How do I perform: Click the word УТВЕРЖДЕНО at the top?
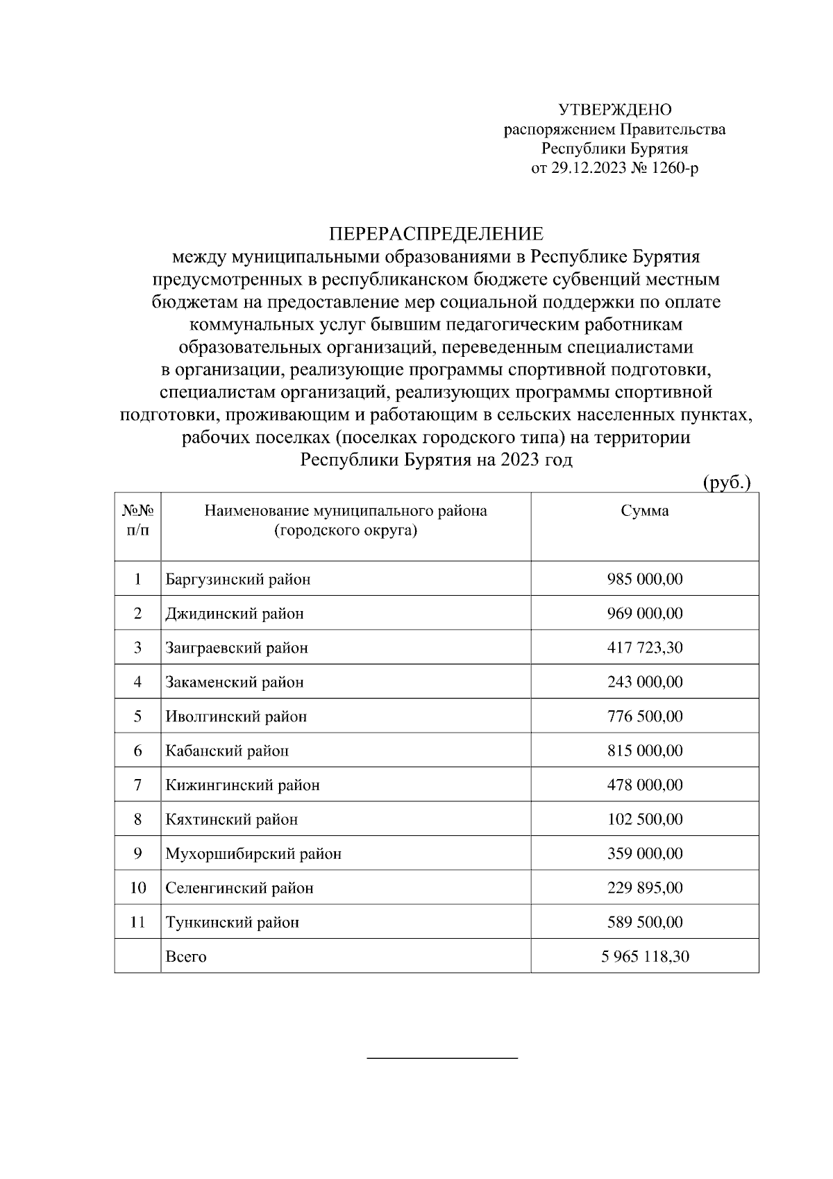(615, 110)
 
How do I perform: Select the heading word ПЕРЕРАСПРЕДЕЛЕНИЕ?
(435, 233)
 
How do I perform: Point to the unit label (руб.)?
(727, 483)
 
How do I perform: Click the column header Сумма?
(644, 512)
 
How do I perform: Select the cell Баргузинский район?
(237, 579)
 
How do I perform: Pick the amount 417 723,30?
(644, 648)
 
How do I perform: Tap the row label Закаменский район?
(235, 682)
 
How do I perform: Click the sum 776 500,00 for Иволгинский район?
(644, 716)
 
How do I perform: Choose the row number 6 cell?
(137, 751)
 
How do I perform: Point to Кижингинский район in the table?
(242, 785)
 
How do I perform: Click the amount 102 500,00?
(644, 819)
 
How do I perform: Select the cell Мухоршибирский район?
(253, 853)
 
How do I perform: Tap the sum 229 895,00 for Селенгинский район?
(644, 888)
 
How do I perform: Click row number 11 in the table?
(137, 922)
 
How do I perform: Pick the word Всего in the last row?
(186, 957)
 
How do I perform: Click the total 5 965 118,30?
(644, 957)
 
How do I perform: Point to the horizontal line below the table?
(442, 1058)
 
